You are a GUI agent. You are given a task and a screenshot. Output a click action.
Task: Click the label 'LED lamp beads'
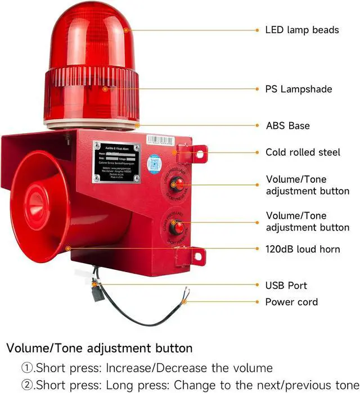(301, 29)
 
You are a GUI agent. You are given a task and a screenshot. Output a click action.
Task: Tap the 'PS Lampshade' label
(298, 89)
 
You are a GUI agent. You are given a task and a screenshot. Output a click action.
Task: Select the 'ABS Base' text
(287, 125)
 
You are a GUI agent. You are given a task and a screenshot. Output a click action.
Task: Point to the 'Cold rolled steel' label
(303, 152)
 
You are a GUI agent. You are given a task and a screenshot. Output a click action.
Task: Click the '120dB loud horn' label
(302, 249)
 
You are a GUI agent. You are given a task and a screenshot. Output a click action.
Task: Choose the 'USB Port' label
(286, 286)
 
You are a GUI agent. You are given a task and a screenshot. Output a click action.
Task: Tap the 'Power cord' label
(291, 302)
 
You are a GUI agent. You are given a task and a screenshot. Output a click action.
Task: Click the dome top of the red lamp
(90, 22)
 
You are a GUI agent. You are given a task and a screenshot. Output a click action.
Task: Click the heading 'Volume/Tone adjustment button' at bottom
(99, 349)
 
